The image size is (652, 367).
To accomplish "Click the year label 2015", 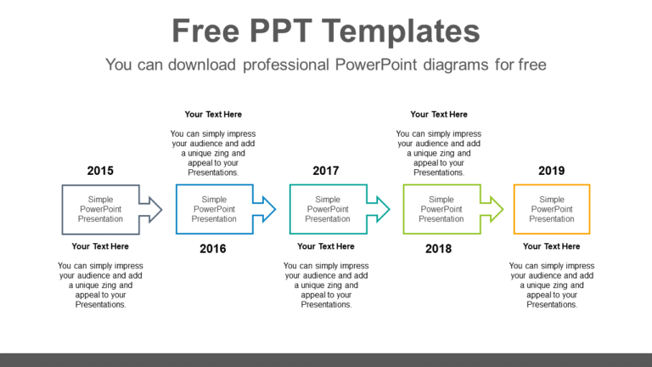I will [x=100, y=171].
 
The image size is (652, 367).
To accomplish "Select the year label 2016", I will [x=214, y=249].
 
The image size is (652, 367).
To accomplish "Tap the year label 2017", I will [x=326, y=171].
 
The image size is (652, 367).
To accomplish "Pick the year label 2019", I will [x=552, y=171].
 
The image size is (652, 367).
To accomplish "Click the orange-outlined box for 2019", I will [x=552, y=209].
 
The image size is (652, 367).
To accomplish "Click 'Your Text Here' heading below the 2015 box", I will [x=100, y=246].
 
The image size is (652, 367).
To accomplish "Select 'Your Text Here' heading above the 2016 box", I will [x=213, y=114].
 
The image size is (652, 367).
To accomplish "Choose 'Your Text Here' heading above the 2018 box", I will [x=439, y=114].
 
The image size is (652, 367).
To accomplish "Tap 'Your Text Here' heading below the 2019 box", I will [x=552, y=246].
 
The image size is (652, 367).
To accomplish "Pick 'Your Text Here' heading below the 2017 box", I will [x=326, y=246].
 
